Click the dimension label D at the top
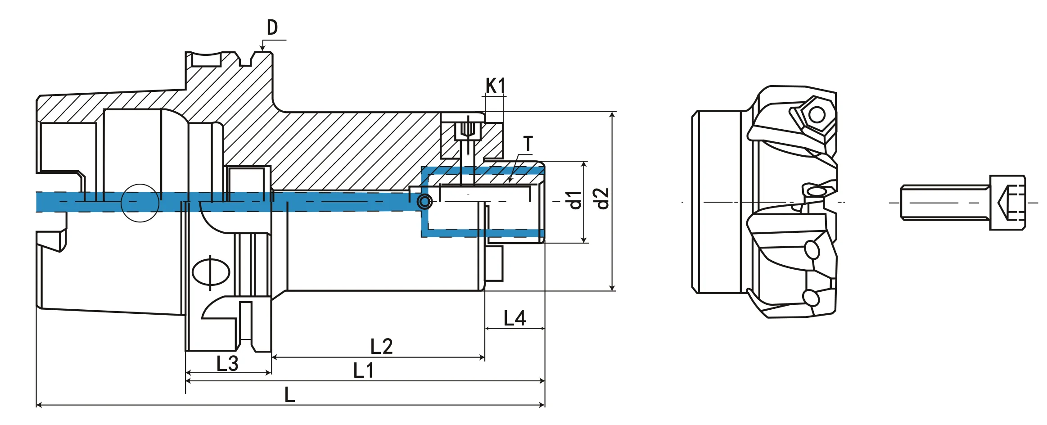pyautogui.click(x=272, y=28)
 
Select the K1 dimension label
pyautogui.click(x=495, y=86)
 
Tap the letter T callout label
pyautogui.click(x=528, y=144)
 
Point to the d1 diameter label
pyautogui.click(x=575, y=200)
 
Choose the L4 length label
pyautogui.click(x=514, y=319)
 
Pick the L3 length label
pyautogui.click(x=227, y=364)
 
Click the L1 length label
pyautogui.click(x=363, y=371)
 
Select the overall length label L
pyautogui.click(x=289, y=395)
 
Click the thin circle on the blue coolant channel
pyautogui.click(x=140, y=203)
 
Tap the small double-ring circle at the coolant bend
pyautogui.click(x=424, y=202)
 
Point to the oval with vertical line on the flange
pyautogui.click(x=211, y=272)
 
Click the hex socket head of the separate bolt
pyautogui.click(x=1007, y=203)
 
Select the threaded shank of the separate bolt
pyautogui.click(x=945, y=203)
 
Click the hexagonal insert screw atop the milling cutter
pyautogui.click(x=817, y=115)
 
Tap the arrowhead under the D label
pyautogui.click(x=262, y=48)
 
